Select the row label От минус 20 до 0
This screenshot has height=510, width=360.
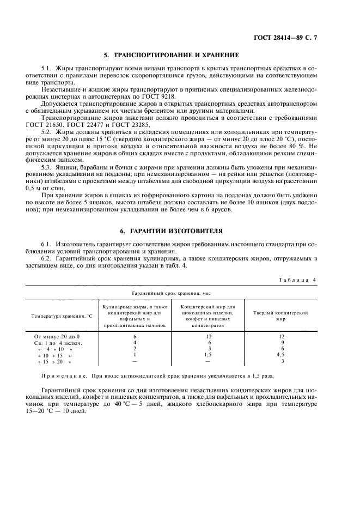[57, 336]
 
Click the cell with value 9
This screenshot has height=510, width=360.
[282, 342]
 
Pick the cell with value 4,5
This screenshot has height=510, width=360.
[282, 355]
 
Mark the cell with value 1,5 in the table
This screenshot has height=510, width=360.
[207, 355]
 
